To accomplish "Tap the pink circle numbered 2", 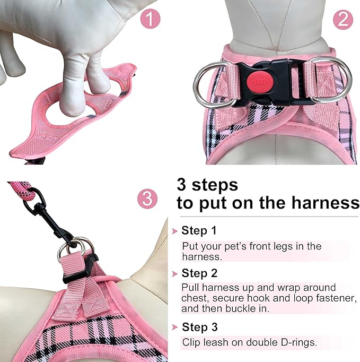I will pos(343,20).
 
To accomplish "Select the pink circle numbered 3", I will pos(148,199).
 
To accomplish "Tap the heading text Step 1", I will pos(199,231).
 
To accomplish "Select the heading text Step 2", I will pos(199,273).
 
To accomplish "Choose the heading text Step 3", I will pos(199,327).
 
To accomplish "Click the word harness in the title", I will pos(327,203).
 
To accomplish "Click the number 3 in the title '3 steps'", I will pos(182,185).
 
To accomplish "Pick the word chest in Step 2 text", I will pos(195,299).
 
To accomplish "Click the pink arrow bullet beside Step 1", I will pos(174,231).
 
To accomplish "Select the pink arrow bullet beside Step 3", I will pos(174,327).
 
